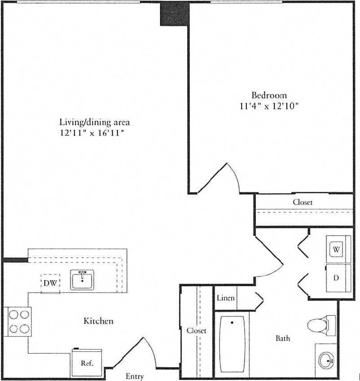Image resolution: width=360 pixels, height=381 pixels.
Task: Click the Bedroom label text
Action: tap(269, 95)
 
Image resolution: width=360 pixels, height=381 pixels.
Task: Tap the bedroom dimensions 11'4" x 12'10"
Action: tap(269, 106)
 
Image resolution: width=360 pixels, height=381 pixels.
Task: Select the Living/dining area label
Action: tap(95, 122)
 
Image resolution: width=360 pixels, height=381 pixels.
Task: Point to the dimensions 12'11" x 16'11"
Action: tap(95, 133)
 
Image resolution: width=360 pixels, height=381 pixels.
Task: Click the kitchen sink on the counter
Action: tap(82, 280)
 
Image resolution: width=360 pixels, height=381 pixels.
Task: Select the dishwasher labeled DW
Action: tap(50, 284)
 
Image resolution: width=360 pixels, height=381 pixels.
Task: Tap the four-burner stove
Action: tap(18, 321)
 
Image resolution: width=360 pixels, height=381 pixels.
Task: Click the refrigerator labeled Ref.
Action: tap(86, 363)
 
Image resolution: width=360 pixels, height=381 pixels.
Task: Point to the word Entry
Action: tap(135, 376)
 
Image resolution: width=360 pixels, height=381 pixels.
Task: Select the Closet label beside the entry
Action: tap(197, 330)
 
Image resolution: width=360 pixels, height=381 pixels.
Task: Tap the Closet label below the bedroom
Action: tap(303, 202)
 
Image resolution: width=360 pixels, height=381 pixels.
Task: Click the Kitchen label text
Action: tap(98, 321)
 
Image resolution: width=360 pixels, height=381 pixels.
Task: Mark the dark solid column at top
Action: tap(174, 13)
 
